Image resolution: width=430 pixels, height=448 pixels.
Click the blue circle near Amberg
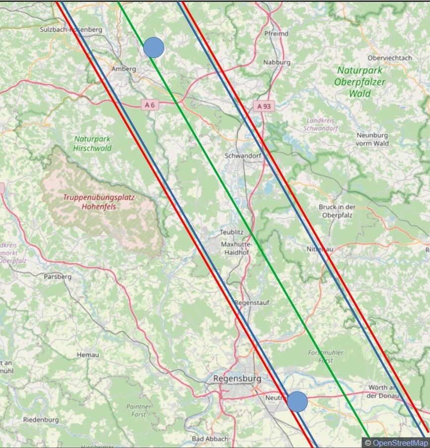click(x=154, y=47)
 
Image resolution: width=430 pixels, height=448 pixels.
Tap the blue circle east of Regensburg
click(x=298, y=401)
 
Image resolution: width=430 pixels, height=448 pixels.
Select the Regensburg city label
click(x=237, y=378)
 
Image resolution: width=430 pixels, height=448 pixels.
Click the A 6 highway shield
click(x=150, y=105)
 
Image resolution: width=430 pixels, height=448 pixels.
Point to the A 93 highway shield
click(x=263, y=106)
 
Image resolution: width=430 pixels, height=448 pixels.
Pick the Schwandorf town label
click(x=243, y=155)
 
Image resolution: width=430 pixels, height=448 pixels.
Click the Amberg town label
click(x=124, y=69)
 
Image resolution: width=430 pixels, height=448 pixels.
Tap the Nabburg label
click(x=276, y=62)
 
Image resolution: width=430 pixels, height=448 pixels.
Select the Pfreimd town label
click(x=276, y=34)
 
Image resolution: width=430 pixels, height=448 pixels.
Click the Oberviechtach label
click(x=390, y=57)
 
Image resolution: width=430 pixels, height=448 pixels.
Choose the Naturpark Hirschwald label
click(x=93, y=144)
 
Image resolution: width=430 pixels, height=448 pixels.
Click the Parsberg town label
click(x=57, y=277)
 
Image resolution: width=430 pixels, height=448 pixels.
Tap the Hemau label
click(x=88, y=355)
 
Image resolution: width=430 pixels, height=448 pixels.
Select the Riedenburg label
click(x=41, y=420)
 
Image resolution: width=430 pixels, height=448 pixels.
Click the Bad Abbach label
click(x=210, y=439)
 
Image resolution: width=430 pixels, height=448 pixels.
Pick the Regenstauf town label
click(x=251, y=302)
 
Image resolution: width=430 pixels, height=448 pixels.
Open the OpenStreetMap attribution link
click(x=400, y=443)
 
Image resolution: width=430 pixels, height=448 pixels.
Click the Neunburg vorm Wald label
click(x=372, y=139)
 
